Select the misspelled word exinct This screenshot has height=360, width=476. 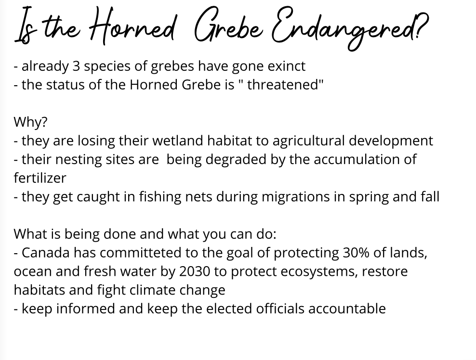click(x=286, y=66)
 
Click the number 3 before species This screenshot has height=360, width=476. click(x=76, y=66)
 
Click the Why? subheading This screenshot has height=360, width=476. click(x=30, y=122)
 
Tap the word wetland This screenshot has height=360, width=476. click(x=178, y=141)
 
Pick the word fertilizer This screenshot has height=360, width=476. click(x=40, y=178)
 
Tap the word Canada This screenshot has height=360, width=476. click(x=46, y=253)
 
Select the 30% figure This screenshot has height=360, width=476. click(x=356, y=253)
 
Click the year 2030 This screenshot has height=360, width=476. click(x=195, y=271)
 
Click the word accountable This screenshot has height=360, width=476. click(x=347, y=309)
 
